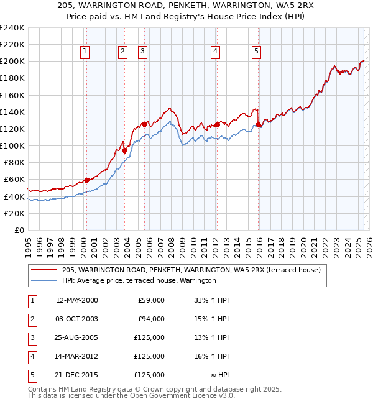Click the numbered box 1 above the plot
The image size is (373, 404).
(84, 52)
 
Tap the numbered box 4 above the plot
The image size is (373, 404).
(214, 52)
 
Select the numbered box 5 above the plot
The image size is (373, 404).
(256, 52)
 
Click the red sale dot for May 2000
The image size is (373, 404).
(86, 180)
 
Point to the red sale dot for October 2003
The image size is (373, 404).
(124, 150)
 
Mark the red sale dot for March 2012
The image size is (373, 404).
(217, 124)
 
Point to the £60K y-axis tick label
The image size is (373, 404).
(15, 180)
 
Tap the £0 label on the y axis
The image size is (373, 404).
(20, 230)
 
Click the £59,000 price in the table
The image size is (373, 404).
(150, 300)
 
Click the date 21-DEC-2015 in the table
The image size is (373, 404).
(77, 375)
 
